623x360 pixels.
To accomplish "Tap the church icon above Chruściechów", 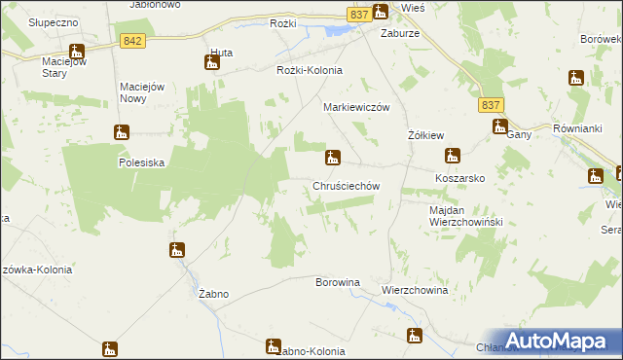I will click(x=333, y=157).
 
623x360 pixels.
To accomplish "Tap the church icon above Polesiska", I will click(x=122, y=132).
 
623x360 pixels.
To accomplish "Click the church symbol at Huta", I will click(x=212, y=63).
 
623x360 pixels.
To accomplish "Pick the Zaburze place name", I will click(x=400, y=30).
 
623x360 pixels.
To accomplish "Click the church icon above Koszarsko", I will click(x=452, y=156).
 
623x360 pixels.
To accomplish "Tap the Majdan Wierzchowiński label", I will click(x=464, y=216).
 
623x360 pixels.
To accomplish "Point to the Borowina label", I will click(x=338, y=282).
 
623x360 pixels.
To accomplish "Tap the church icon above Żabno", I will click(x=176, y=251).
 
